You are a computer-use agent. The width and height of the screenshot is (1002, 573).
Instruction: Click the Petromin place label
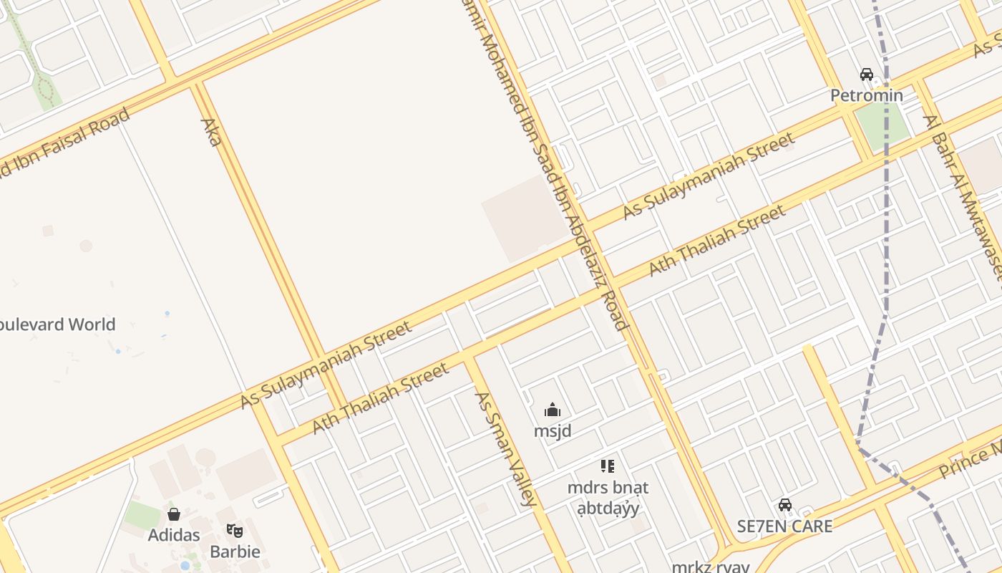[x=866, y=95]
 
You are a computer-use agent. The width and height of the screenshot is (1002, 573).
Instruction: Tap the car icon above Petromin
[x=866, y=74]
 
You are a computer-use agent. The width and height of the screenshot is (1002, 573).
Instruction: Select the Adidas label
[x=174, y=535]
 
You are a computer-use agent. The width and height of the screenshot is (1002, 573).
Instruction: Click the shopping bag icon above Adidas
[x=174, y=514]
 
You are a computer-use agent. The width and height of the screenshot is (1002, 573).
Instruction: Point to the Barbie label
[x=235, y=552]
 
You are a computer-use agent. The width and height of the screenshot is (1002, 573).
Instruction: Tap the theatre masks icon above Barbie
[x=235, y=531]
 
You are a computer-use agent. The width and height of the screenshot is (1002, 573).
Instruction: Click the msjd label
[x=553, y=431]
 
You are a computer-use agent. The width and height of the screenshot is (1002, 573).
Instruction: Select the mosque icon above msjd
[x=553, y=410]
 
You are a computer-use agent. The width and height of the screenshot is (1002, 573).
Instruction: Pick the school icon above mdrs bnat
[x=608, y=466]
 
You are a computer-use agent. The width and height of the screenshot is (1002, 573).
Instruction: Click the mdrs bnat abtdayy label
[x=608, y=498]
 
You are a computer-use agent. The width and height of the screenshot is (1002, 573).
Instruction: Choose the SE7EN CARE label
[x=785, y=526]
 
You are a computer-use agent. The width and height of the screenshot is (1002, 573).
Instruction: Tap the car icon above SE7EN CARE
[x=785, y=505]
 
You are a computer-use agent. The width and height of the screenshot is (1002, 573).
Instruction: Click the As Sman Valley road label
[x=505, y=449]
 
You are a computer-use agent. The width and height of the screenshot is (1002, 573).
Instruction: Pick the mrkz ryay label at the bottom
[x=710, y=567]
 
